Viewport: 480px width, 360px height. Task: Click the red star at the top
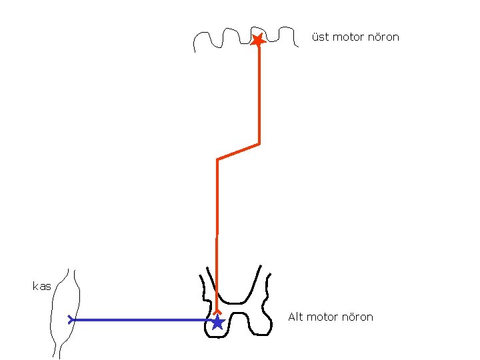[258, 40]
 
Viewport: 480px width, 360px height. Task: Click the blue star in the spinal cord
[217, 323]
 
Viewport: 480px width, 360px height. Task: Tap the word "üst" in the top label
[320, 37]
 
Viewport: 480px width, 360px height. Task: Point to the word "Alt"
[295, 317]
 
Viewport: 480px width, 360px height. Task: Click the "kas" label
[41, 286]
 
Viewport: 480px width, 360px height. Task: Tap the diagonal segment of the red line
[238, 152]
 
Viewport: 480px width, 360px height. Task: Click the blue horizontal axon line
[140, 320]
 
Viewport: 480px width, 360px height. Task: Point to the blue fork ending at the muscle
[71, 320]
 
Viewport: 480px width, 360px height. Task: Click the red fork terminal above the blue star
[217, 311]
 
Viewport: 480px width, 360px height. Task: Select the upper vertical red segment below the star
[259, 93]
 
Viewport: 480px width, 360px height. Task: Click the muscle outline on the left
[53, 313]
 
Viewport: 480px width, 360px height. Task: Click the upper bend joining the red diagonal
[259, 143]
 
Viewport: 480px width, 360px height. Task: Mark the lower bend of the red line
[218, 160]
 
